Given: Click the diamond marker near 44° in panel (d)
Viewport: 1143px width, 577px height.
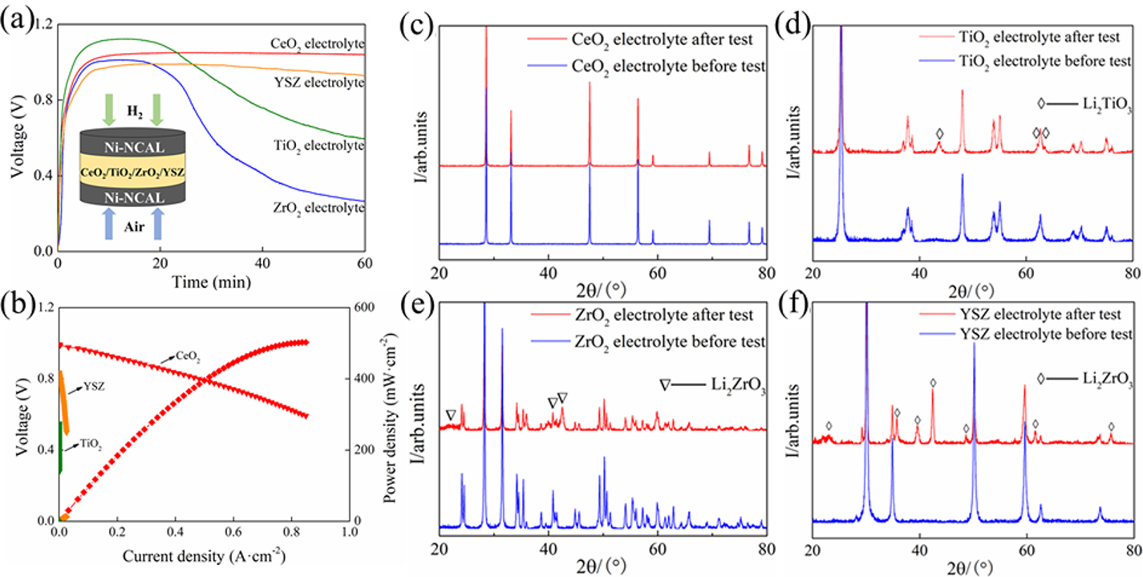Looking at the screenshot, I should coord(939,133).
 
